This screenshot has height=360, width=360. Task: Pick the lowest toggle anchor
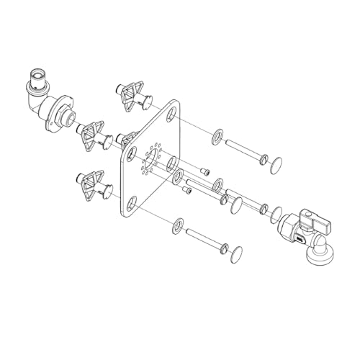click(91, 184)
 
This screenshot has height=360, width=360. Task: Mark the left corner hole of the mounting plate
click(131, 153)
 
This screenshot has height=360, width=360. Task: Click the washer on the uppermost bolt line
click(216, 136)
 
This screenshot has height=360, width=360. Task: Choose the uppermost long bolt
click(245, 151)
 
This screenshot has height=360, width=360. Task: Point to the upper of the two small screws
click(205, 171)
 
